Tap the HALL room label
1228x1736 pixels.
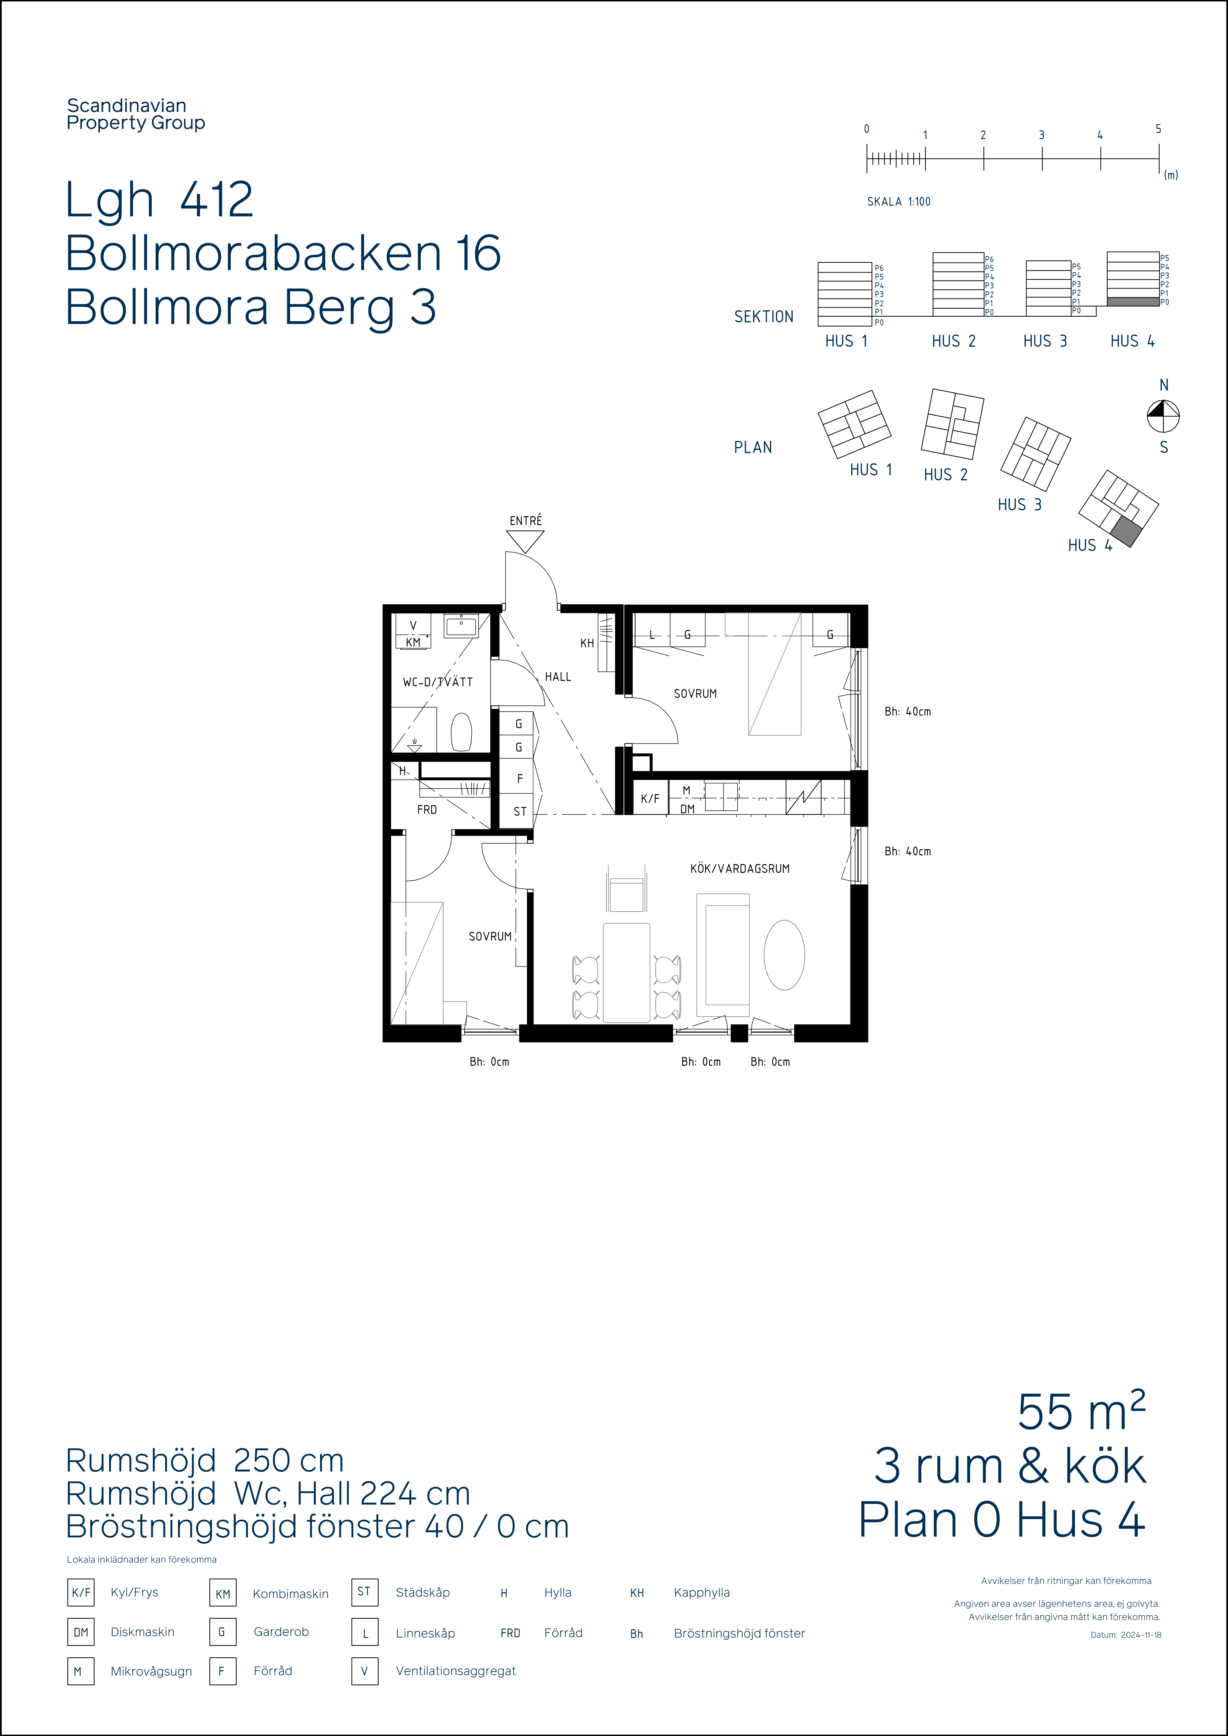(558, 677)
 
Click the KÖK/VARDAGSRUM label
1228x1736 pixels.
(740, 869)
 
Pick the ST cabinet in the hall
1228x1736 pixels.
(520, 811)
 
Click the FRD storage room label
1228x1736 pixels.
(427, 810)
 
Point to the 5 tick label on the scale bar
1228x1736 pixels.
(1158, 129)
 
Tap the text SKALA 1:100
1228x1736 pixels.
(898, 202)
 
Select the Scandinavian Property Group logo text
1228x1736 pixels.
(136, 114)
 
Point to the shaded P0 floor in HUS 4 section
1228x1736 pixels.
(1133, 302)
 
